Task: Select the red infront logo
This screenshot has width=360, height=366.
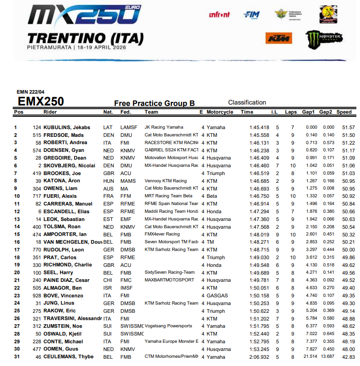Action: tap(219, 15)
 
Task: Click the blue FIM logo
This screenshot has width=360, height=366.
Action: tap(251, 15)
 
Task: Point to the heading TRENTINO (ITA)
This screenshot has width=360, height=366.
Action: tap(85, 38)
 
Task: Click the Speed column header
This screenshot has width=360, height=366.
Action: tap(344, 112)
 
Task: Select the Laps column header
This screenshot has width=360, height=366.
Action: tap(290, 112)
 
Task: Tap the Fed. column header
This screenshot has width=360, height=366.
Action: tap(126, 112)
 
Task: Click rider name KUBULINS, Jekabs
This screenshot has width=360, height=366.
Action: tap(66, 127)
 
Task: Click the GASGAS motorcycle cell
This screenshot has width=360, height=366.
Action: tap(215, 296)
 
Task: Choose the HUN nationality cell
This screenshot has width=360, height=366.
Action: tap(108, 181)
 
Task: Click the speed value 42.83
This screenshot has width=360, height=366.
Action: tap(348, 357)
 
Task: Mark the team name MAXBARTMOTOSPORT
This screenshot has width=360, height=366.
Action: tap(169, 281)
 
